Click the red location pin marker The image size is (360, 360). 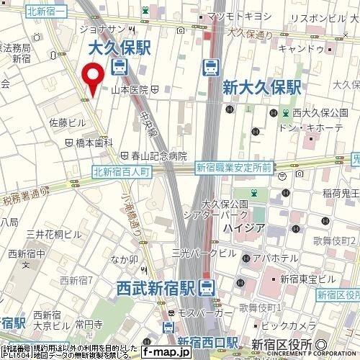(x=91, y=78)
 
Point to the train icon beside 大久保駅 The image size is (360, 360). (x=119, y=68)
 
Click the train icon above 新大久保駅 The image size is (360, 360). (x=211, y=67)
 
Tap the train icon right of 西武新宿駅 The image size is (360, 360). (x=207, y=288)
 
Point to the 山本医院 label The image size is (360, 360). (x=130, y=89)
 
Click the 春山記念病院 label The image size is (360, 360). (x=159, y=156)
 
